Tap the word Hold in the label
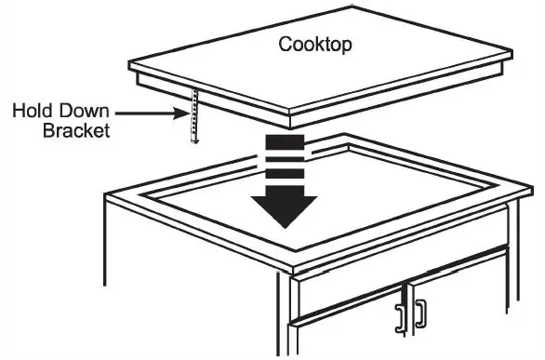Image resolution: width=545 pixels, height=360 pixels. [33, 113]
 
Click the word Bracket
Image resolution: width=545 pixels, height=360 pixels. [76, 131]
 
